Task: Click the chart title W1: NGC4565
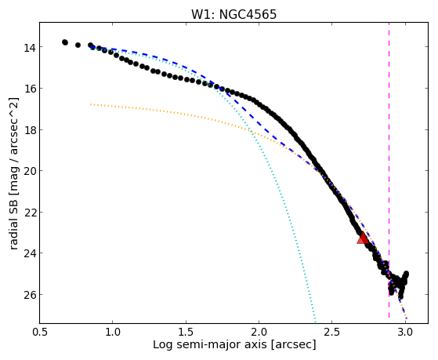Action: click(233, 14)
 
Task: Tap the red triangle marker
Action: click(363, 238)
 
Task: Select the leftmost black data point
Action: click(65, 42)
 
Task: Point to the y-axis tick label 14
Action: click(30, 48)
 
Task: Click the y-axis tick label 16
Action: click(30, 89)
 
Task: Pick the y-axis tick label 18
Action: click(30, 131)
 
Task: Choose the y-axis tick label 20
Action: click(30, 172)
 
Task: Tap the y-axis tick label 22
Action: click(30, 213)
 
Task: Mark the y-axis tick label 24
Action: click(30, 254)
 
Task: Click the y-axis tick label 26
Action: click(30, 296)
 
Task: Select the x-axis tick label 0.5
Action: click(40, 332)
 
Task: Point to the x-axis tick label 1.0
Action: click(113, 332)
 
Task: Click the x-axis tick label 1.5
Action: click(186, 332)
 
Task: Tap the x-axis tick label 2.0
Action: click(259, 332)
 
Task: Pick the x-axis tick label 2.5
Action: click(332, 332)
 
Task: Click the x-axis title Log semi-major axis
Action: click(210, 345)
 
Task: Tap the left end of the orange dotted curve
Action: click(91, 104)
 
